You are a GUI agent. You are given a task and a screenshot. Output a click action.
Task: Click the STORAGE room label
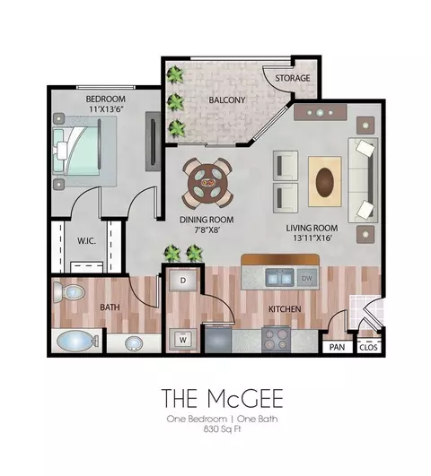point(293,78)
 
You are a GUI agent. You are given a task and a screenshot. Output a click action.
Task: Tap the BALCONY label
point(227,100)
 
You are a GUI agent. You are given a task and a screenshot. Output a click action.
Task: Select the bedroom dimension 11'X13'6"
point(105,109)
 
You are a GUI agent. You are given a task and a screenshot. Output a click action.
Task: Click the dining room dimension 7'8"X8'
point(207,229)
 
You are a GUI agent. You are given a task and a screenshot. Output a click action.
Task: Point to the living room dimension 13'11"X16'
point(312,238)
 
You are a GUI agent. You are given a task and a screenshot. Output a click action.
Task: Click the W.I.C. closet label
point(87,241)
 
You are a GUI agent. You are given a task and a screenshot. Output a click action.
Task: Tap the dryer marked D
point(183,281)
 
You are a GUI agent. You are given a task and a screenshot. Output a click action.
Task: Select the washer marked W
point(183,340)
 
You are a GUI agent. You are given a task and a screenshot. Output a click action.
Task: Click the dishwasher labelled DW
point(307,279)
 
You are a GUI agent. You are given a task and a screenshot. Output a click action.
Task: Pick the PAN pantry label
point(337,347)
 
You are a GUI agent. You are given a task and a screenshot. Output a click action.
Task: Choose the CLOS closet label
point(368,348)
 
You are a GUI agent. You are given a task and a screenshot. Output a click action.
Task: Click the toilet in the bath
point(68,292)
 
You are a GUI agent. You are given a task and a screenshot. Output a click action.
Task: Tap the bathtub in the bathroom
point(76,342)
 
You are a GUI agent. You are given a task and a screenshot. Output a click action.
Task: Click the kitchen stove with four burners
point(277,339)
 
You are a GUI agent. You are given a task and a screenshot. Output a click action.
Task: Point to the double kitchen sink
point(280,278)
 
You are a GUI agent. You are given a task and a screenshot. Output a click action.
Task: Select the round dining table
point(207,183)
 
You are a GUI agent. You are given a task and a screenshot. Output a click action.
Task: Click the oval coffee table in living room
point(325,183)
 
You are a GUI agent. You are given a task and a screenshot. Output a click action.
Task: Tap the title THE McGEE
point(223,398)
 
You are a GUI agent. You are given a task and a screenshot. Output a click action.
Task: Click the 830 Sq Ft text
point(222,429)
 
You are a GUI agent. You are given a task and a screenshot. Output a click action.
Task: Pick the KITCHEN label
point(285,309)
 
